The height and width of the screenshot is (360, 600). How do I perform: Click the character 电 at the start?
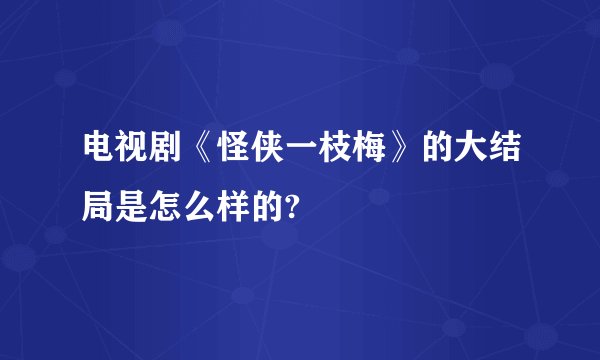point(101,157)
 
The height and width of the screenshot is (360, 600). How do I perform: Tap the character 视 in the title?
point(137,157)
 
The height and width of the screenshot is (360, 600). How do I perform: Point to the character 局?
point(101,207)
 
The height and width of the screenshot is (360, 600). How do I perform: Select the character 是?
point(137,207)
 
